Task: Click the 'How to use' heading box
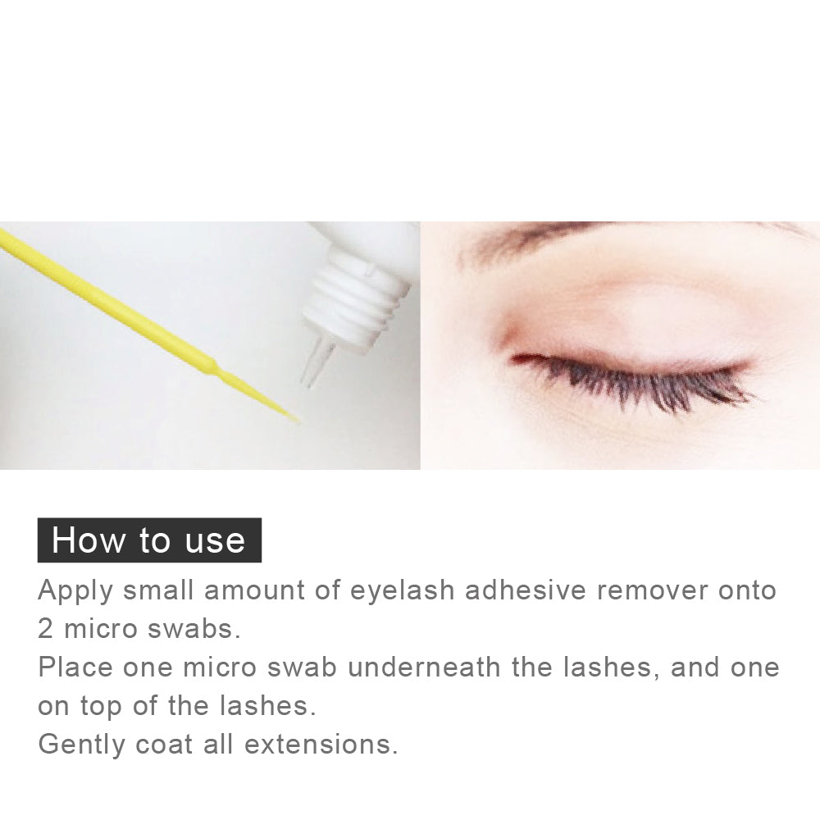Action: (x=149, y=540)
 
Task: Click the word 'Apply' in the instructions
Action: (x=75, y=591)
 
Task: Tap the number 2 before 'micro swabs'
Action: (x=45, y=629)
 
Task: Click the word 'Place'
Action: (x=75, y=667)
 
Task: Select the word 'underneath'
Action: (x=424, y=667)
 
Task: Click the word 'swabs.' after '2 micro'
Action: (x=194, y=629)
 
